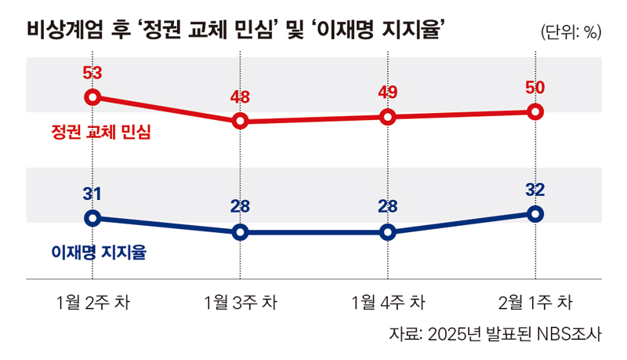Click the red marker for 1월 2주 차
92,97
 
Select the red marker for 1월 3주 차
241,121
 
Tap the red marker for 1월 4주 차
387,117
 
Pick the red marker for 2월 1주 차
535,112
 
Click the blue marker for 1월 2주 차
92,218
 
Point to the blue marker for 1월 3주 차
241,232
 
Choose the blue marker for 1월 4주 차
387,232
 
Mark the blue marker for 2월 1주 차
535,213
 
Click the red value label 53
92,74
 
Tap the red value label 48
241,97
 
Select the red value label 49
387,93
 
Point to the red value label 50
535,88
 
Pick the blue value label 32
535,189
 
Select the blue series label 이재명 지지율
98,253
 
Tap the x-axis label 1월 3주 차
240,302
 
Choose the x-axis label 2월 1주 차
535,302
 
